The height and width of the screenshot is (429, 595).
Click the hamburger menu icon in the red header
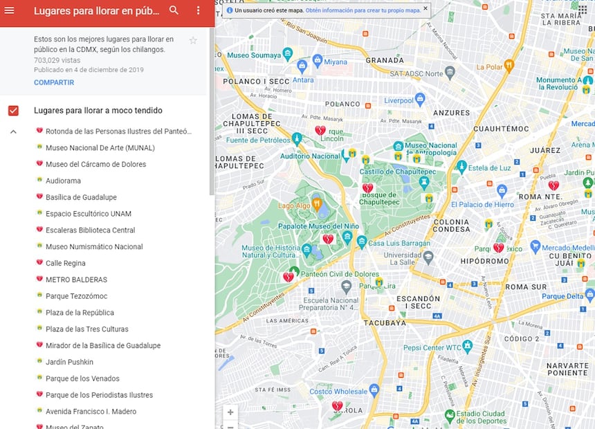tap(10, 10)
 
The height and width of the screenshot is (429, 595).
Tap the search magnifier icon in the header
tap(174, 10)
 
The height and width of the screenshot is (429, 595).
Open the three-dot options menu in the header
tap(198, 10)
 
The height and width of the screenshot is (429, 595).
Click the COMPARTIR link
tap(54, 82)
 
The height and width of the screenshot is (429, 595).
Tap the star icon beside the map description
tap(193, 41)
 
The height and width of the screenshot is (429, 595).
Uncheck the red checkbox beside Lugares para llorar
tap(13, 111)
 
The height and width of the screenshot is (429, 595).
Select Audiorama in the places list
tap(63, 181)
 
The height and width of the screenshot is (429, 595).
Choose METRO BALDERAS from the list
tap(76, 280)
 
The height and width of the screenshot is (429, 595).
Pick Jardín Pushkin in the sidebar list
tap(69, 362)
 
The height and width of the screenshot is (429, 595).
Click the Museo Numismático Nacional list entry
tap(94, 246)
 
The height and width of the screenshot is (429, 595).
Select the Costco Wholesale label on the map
tap(338, 392)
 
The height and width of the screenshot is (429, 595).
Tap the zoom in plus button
tap(230, 412)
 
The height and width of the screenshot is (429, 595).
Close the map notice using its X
tap(425, 9)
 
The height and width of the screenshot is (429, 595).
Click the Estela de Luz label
tap(490, 168)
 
